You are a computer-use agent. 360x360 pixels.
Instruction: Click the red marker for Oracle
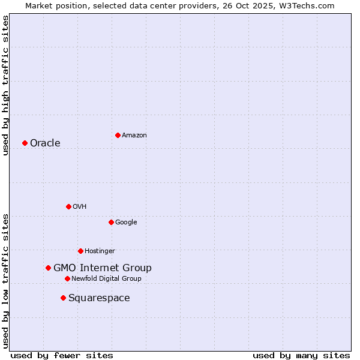[x=25, y=143]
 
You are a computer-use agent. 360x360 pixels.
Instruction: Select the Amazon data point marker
[x=118, y=135]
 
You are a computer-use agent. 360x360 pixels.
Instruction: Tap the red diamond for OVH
[x=68, y=206]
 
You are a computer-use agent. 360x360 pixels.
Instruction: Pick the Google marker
[x=111, y=222]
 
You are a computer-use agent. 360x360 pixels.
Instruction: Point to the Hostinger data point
[x=80, y=251]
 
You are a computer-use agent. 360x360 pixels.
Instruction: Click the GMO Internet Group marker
[x=48, y=268]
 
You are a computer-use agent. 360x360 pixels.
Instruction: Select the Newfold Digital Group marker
[x=67, y=278]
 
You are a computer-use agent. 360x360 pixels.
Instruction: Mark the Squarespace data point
[x=63, y=298]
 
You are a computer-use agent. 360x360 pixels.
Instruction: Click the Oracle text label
[x=45, y=143]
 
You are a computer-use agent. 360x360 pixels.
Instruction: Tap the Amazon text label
[x=134, y=136]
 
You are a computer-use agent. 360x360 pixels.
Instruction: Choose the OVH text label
[x=80, y=206]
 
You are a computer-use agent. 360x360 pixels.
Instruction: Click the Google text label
[x=126, y=222]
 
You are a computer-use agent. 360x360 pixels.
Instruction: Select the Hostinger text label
[x=100, y=251]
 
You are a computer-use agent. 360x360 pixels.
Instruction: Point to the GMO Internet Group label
[x=103, y=268]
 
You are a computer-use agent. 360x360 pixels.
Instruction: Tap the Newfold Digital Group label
[x=106, y=278]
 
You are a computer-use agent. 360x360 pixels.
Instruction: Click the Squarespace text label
[x=99, y=298]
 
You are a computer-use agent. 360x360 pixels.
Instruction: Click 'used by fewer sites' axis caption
[x=62, y=355]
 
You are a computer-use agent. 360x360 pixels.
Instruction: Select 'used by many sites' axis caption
[x=301, y=355]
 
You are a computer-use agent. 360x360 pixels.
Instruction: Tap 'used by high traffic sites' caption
[x=5, y=85]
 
